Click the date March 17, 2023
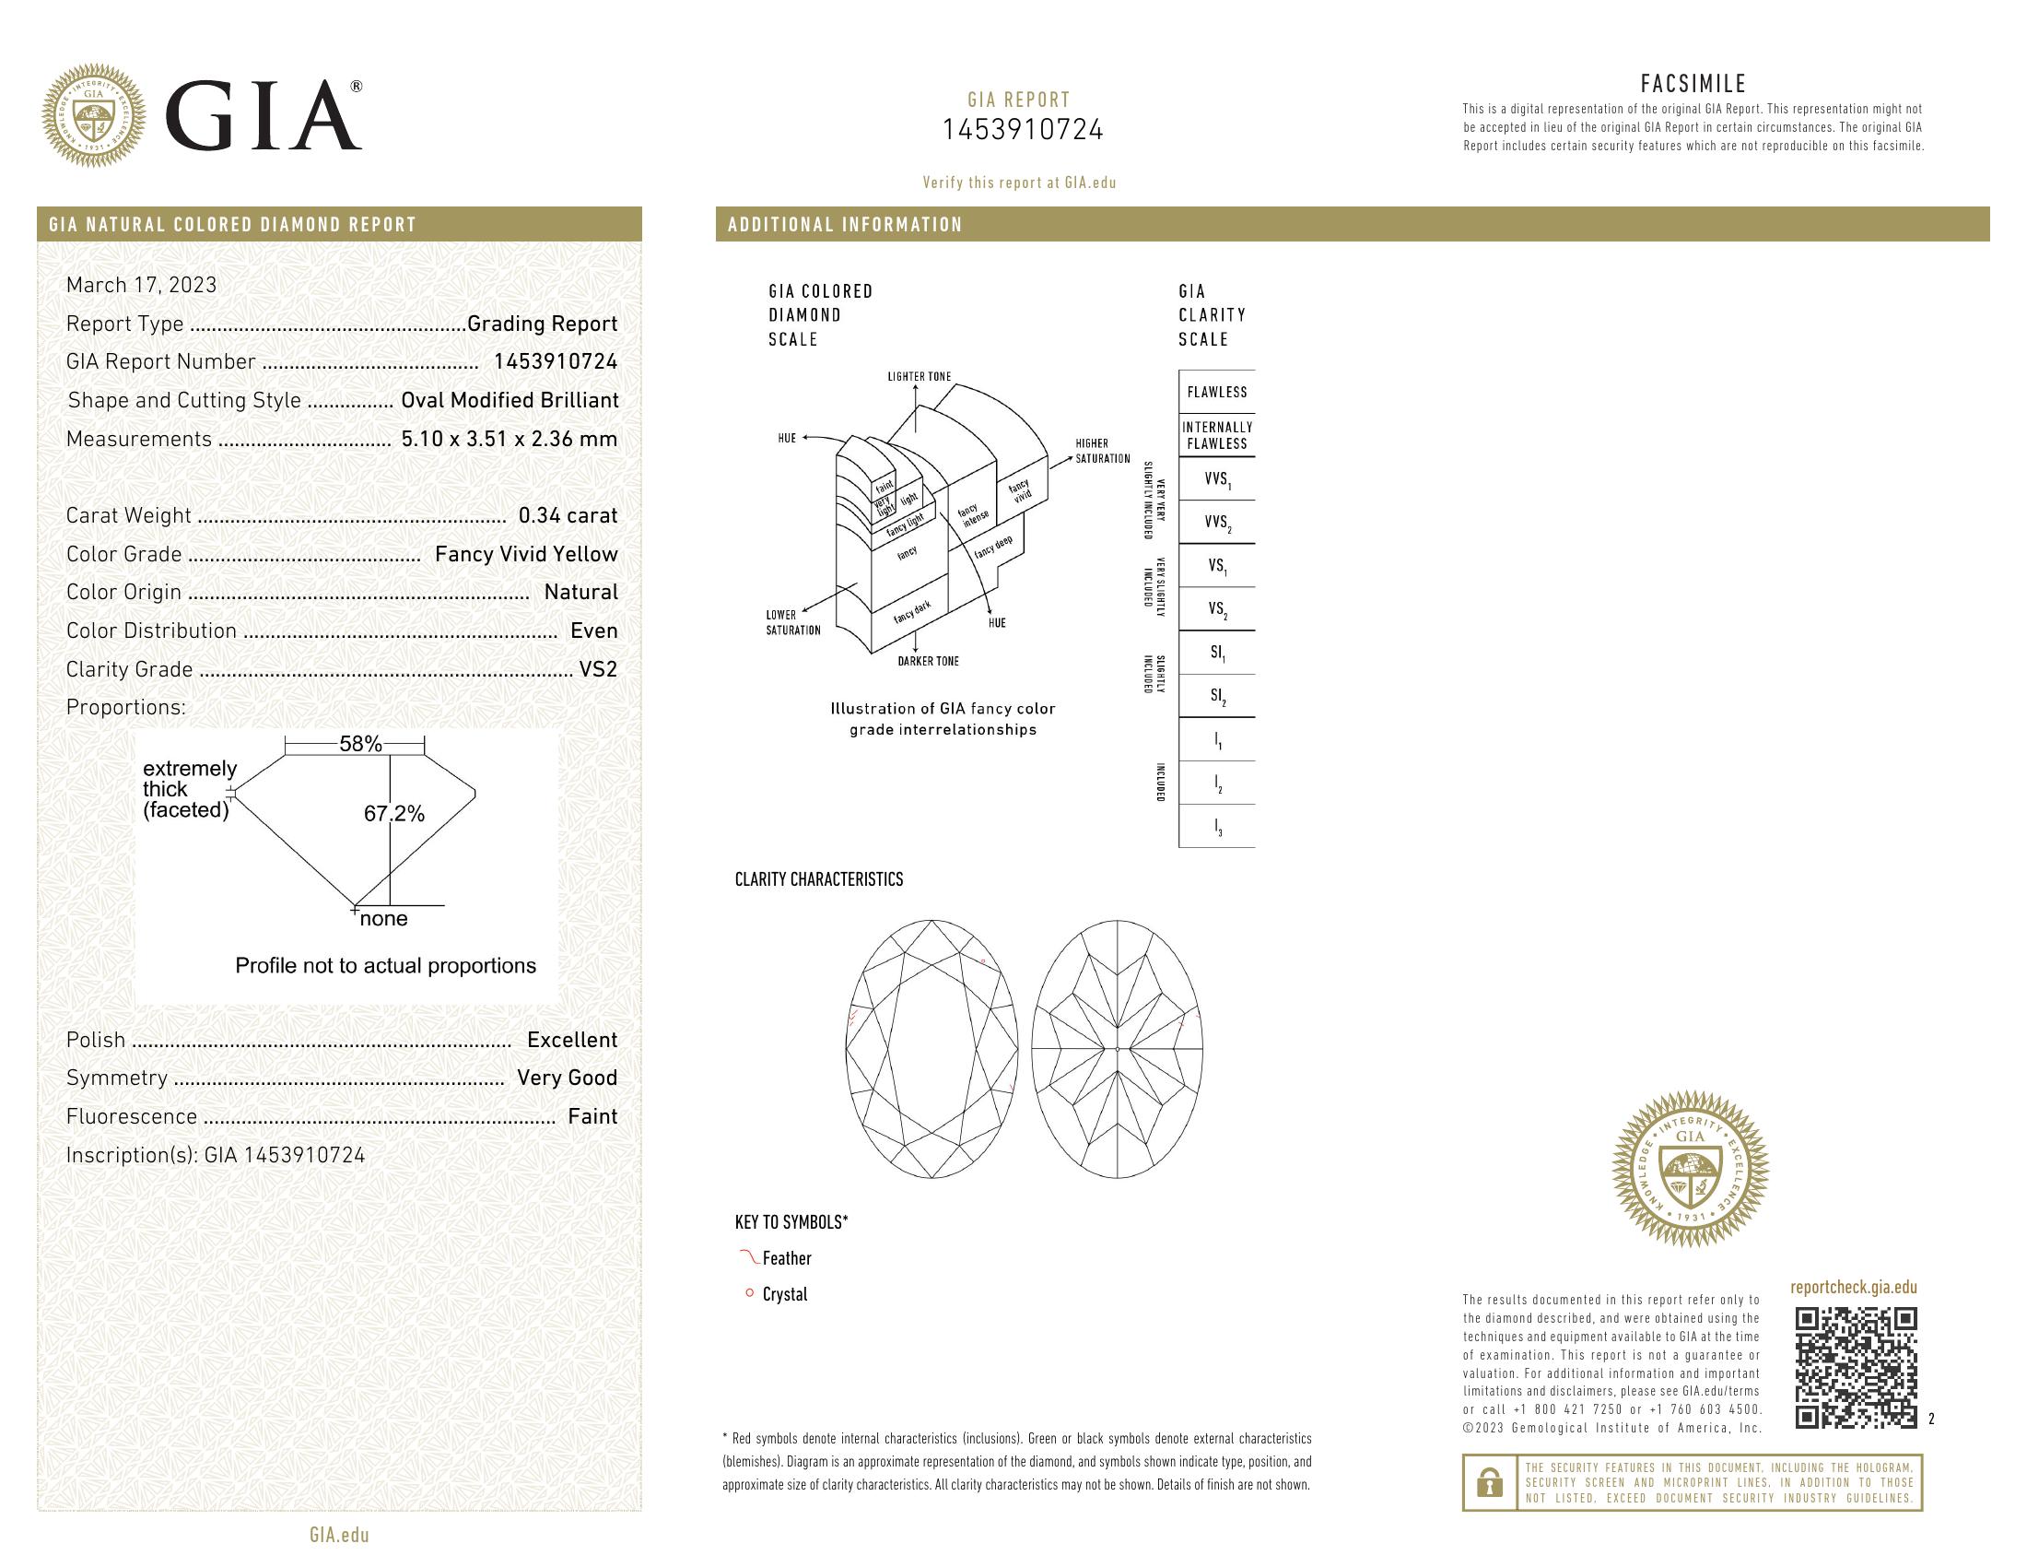pos(141,285)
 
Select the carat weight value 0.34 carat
pos(567,515)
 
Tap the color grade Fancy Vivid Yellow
pos(525,554)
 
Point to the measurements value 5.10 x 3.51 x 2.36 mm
pos(509,439)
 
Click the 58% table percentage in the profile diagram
pos(360,744)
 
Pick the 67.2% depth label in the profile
pos(393,814)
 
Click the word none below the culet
pos(383,919)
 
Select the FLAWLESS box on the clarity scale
pos(1216,392)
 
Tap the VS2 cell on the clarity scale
pos(1217,609)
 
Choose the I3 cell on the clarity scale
pos(1217,827)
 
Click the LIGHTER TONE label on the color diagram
pos(919,377)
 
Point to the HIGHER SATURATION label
pos(1102,451)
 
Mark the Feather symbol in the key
pos(748,1257)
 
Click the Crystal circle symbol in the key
pos(749,1293)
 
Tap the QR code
pos(1856,1367)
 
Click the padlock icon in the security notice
pos(1489,1482)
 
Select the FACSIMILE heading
pos(1693,84)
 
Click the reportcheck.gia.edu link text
pos(1853,1287)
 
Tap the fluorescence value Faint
pos(592,1117)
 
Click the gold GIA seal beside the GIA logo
pos(94,116)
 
